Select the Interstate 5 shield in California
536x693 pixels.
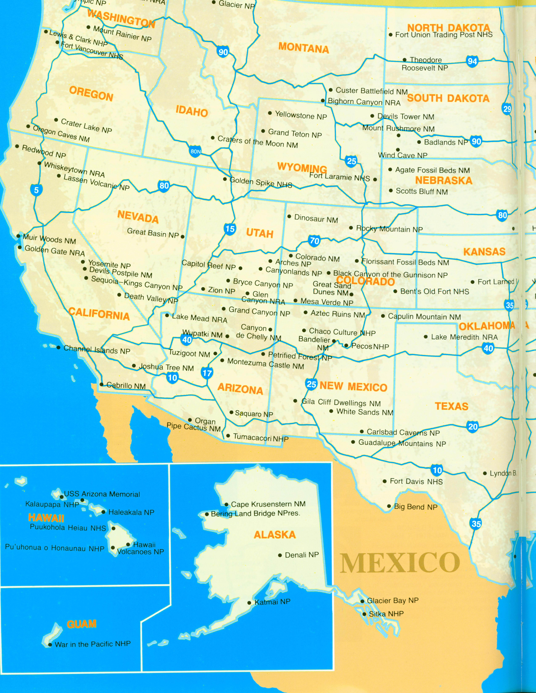click(x=36, y=190)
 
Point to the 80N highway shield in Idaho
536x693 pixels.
click(x=196, y=151)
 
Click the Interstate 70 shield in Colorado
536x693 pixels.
click(x=314, y=241)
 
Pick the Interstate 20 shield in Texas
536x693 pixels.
click(x=473, y=427)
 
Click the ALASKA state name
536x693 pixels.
click(x=275, y=535)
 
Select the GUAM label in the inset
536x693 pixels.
click(x=82, y=624)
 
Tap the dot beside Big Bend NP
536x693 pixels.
click(x=389, y=506)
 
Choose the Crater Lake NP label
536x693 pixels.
click(x=86, y=126)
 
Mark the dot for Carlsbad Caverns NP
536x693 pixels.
click(x=362, y=432)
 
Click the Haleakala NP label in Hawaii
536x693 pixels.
click(x=131, y=512)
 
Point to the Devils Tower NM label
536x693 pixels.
click(x=405, y=116)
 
